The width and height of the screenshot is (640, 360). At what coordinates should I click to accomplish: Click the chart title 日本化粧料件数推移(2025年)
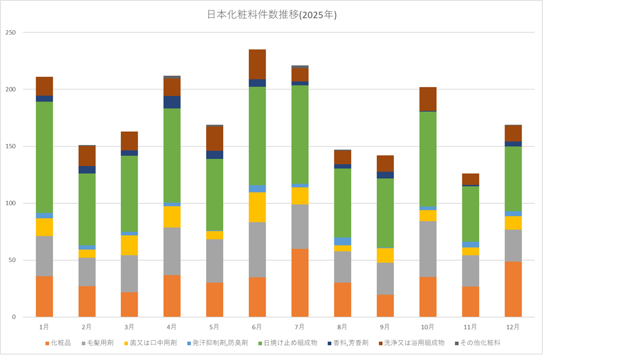point(272,15)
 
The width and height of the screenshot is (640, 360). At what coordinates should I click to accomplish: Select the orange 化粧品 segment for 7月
point(300,283)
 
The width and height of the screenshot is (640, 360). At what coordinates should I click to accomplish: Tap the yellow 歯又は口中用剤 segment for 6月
point(257,207)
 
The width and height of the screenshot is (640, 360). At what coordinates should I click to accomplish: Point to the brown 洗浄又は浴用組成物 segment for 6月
point(257,64)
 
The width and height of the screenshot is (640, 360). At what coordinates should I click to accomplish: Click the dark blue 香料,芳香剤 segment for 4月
point(172,102)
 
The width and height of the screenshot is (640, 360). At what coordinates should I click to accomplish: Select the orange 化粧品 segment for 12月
point(513,289)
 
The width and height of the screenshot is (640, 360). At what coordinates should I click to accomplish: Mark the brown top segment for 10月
point(428,99)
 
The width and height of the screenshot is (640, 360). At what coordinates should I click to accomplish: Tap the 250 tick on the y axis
point(11,33)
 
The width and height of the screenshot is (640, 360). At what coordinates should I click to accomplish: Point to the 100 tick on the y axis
point(11,203)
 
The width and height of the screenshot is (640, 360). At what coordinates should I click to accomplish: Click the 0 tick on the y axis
point(14,317)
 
